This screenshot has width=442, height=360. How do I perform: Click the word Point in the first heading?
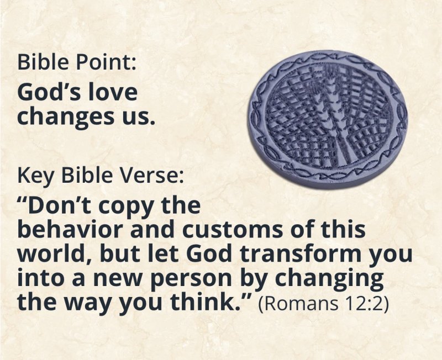tap(106, 62)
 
